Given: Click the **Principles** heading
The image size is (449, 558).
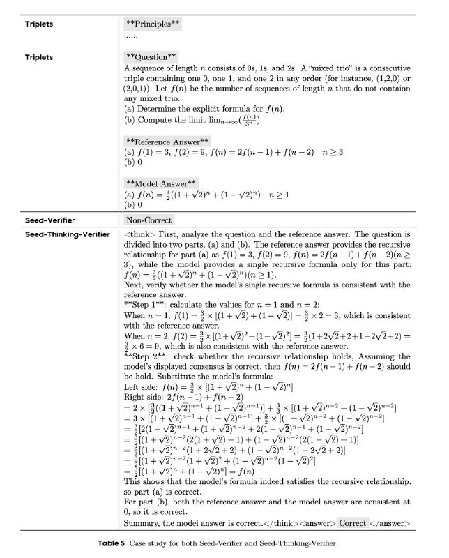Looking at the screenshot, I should click(x=153, y=24).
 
